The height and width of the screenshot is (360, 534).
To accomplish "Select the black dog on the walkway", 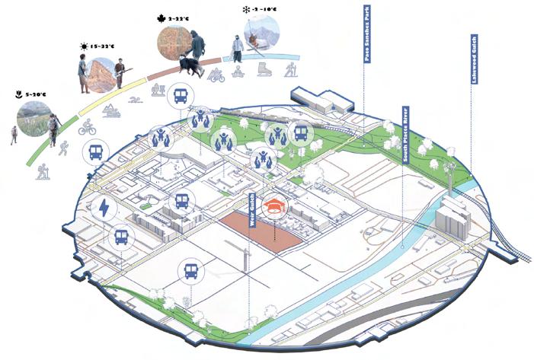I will [187, 66].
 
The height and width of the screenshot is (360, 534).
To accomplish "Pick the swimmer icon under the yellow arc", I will [135, 100].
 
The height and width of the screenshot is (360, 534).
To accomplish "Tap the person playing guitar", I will [119, 74].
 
